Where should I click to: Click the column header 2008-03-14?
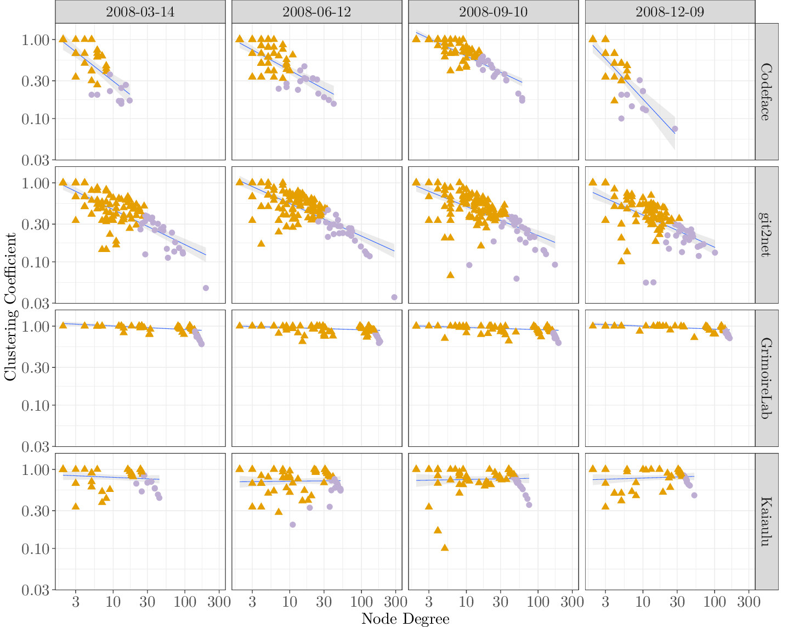point(140,12)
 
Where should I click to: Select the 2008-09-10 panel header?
point(494,12)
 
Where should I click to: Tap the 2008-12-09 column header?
point(670,12)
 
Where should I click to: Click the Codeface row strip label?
point(767,92)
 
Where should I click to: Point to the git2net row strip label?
point(767,235)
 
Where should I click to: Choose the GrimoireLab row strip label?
point(767,378)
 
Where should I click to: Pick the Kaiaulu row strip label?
point(767,522)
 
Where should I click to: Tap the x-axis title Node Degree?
point(405,619)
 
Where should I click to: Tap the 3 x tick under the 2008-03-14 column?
point(76,602)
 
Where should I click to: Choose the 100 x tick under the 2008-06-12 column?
point(361,602)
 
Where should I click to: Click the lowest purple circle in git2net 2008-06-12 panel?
point(394,297)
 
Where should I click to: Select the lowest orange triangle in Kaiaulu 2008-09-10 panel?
point(445,547)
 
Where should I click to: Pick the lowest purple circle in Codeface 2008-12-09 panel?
point(675,129)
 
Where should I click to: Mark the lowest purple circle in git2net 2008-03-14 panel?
point(206,288)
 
